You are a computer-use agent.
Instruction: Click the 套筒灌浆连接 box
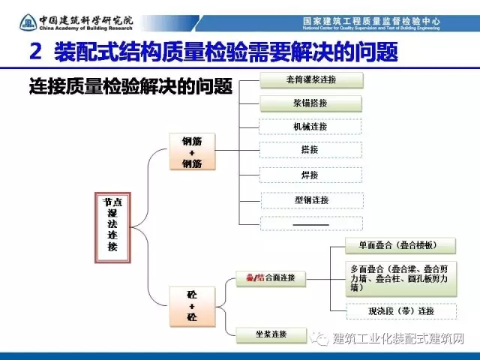(x=311, y=80)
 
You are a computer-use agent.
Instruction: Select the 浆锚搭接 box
(x=310, y=103)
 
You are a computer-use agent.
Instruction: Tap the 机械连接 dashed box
(x=310, y=127)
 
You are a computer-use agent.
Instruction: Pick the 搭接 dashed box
(x=310, y=150)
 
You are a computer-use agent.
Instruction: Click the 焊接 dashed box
(x=310, y=175)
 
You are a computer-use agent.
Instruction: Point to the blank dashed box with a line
(x=311, y=223)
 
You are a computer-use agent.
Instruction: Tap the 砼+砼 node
(x=191, y=306)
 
